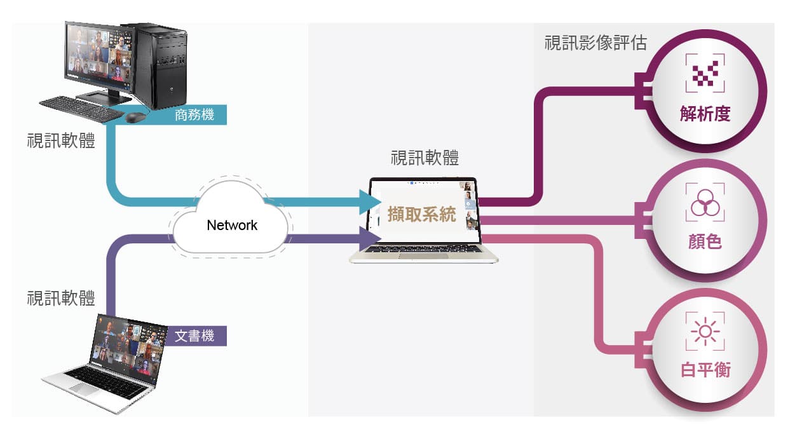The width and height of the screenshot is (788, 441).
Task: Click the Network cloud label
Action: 232,225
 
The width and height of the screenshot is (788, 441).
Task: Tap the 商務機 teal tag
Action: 194,116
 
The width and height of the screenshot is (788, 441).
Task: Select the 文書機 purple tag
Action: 194,336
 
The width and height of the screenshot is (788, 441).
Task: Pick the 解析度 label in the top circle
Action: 705,114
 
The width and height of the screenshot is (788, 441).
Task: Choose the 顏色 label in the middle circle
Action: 705,241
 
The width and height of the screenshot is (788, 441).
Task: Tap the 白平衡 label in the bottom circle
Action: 705,370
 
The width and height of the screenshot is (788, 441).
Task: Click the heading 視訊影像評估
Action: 595,43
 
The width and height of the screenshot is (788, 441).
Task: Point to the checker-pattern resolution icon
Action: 705,74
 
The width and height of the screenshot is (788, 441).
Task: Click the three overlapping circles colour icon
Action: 705,203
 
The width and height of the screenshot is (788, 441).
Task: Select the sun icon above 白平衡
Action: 705,331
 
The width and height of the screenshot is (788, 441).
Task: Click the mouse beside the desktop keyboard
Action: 135,118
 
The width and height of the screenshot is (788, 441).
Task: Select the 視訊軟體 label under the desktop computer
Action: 61,140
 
